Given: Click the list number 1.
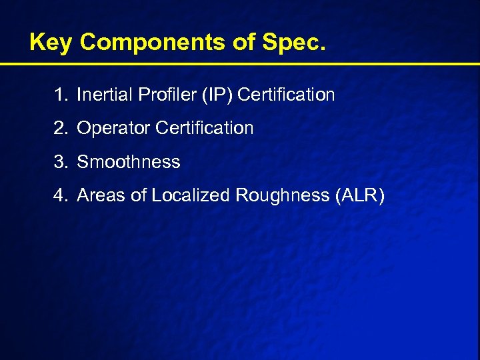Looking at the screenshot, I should [61, 95].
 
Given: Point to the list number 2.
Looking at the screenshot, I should [61, 128].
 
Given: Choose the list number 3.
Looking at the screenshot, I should [61, 162].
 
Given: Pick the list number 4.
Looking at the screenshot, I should [61, 195].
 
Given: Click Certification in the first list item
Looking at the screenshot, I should [286, 95].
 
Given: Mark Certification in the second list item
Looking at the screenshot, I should [205, 128].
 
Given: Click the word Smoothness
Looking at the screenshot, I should [129, 162].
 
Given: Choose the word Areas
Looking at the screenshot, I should [99, 195].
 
